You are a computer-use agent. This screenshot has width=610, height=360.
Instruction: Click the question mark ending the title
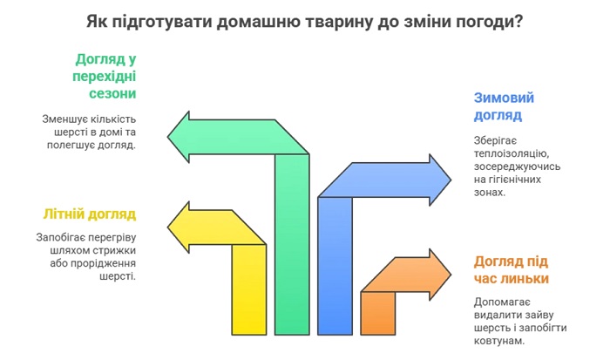click(518, 22)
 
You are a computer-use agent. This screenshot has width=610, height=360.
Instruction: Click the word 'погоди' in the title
click(483, 23)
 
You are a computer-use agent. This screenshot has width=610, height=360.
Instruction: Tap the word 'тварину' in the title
click(338, 23)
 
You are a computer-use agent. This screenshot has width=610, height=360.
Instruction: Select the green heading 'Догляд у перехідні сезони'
click(105, 77)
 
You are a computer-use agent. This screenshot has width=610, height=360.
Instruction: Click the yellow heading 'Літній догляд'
click(90, 214)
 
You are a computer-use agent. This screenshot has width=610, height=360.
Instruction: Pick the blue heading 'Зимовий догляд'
click(504, 106)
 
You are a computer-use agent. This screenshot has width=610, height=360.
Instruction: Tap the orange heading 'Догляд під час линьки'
click(512, 269)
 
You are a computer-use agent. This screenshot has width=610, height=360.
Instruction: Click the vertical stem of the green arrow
click(292, 244)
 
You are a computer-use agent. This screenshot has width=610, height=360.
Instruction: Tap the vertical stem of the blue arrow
click(335, 266)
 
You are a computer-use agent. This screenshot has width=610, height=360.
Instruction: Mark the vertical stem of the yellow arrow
click(249, 289)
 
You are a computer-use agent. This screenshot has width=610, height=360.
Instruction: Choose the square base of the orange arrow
click(377, 313)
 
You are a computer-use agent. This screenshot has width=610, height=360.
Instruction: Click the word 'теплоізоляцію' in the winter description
click(512, 153)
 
